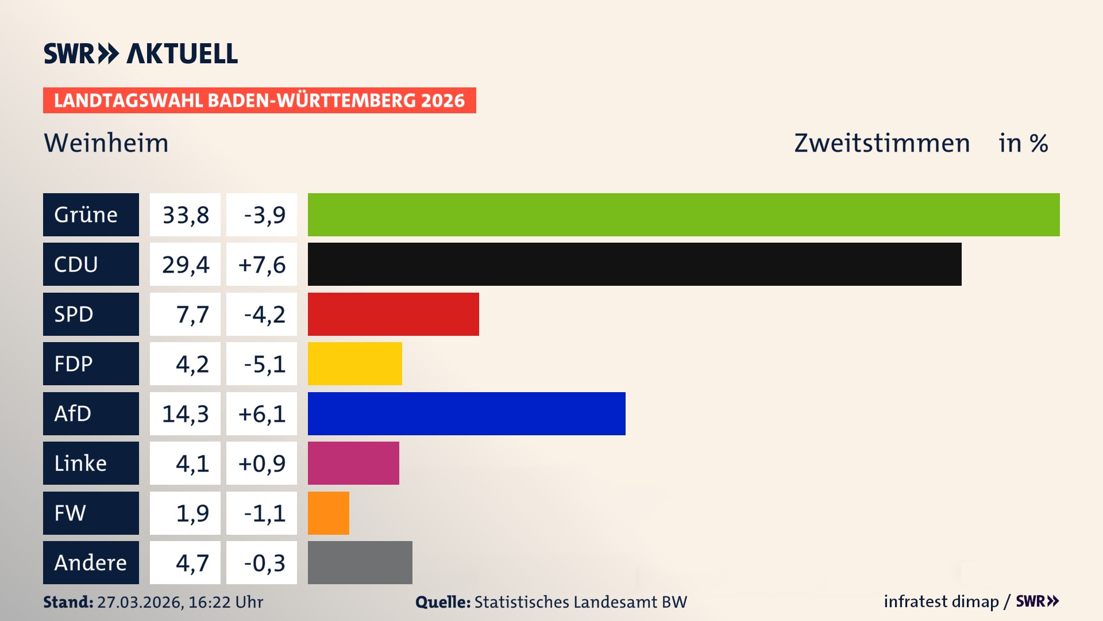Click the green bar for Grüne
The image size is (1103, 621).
click(684, 214)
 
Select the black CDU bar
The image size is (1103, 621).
click(634, 264)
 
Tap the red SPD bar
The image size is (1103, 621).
click(393, 314)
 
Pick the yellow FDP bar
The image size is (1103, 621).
click(354, 363)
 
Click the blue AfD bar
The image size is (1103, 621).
click(466, 413)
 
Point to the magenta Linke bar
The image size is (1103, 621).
click(353, 463)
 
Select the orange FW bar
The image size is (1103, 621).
click(328, 513)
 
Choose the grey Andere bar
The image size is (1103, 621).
click(360, 562)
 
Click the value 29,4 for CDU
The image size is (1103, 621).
click(185, 264)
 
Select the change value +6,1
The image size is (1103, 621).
click(261, 413)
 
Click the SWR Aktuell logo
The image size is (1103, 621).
click(140, 53)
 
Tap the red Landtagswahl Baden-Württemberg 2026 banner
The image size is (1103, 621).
click(259, 100)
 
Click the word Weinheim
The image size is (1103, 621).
click(106, 143)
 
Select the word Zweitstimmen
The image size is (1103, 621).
click(882, 143)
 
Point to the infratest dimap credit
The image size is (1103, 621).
click(941, 601)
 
